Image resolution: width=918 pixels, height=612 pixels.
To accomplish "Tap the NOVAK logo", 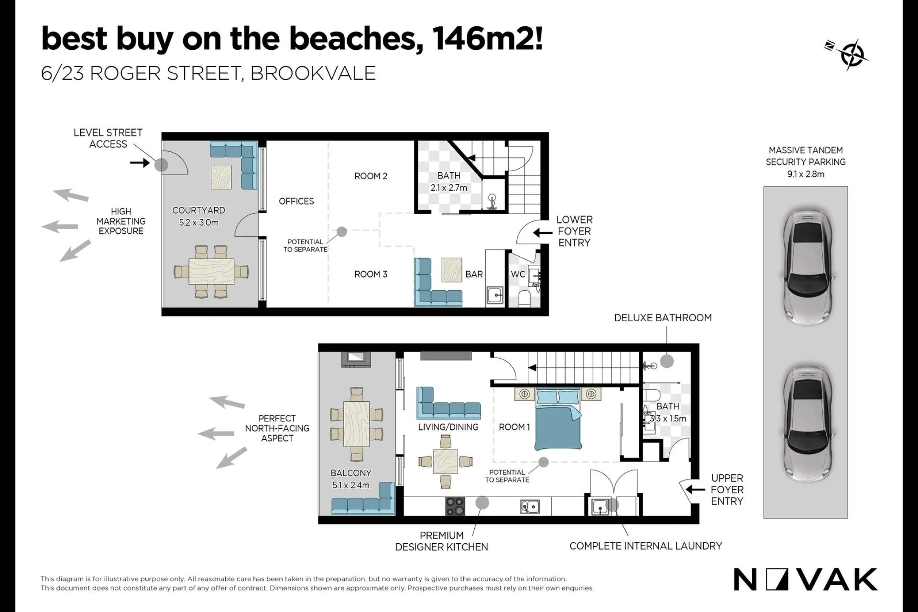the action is coord(805,580).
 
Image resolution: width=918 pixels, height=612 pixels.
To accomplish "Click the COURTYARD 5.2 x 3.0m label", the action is coord(198,216).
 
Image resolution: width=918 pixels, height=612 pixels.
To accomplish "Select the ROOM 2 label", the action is coord(371,176).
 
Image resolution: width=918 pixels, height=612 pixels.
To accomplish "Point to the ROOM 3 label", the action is coord(371,274).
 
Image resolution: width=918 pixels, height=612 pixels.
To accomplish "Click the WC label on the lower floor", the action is coord(518,274).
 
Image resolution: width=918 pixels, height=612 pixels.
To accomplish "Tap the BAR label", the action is coord(474,274).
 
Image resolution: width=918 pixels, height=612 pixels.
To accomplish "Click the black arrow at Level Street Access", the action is coord(140,162).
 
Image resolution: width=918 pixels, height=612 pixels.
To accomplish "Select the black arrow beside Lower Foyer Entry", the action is coord(543,232).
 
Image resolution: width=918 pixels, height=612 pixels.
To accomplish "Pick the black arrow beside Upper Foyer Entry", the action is coord(695,490).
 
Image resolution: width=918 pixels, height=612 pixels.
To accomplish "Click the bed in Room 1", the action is coord(558,419).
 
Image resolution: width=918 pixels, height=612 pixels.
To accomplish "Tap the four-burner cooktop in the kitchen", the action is coord(455,506).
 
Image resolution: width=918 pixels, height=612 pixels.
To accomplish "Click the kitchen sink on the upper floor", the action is coord(530,506).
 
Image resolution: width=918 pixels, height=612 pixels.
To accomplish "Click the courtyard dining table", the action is coord(211,271).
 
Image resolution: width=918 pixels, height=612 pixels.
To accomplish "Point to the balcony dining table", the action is coord(356,424).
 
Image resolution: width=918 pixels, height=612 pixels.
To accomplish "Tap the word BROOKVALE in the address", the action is coord(313,73).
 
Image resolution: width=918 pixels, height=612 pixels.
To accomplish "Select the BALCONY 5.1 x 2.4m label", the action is coord(351,479).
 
